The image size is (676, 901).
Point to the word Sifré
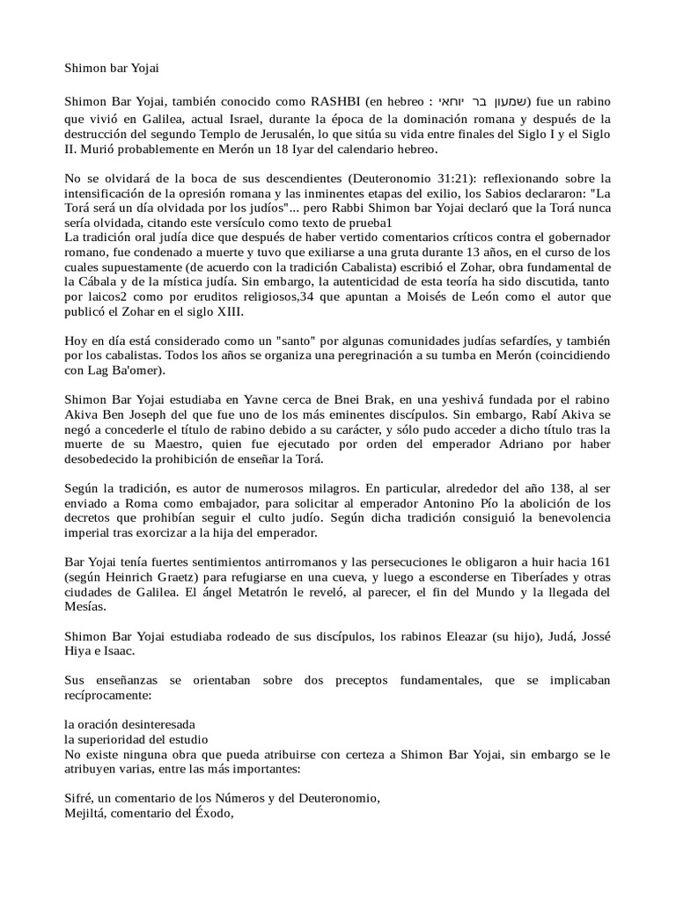coord(82,798)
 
